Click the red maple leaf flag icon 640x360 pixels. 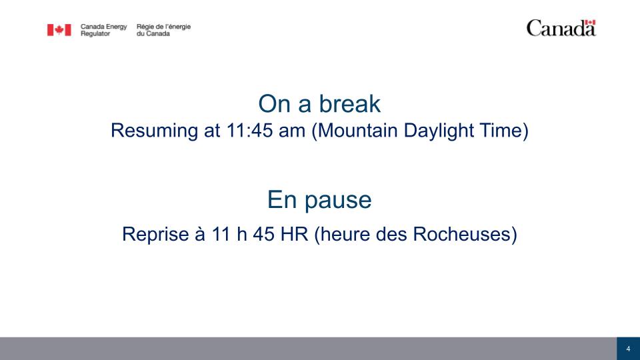[59, 30]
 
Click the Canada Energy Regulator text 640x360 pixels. [104, 30]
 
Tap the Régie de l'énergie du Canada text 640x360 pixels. [163, 30]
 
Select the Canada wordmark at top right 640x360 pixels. [561, 28]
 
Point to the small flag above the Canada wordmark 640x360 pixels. [590, 22]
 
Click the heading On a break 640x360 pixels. [319, 104]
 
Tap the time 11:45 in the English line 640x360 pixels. [249, 131]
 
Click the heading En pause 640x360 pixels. [319, 200]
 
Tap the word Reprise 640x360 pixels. [155, 234]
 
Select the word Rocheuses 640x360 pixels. [462, 234]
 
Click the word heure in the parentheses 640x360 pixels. [341, 234]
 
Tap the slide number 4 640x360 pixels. [628, 349]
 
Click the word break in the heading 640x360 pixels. [350, 104]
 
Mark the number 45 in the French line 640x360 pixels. [264, 234]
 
